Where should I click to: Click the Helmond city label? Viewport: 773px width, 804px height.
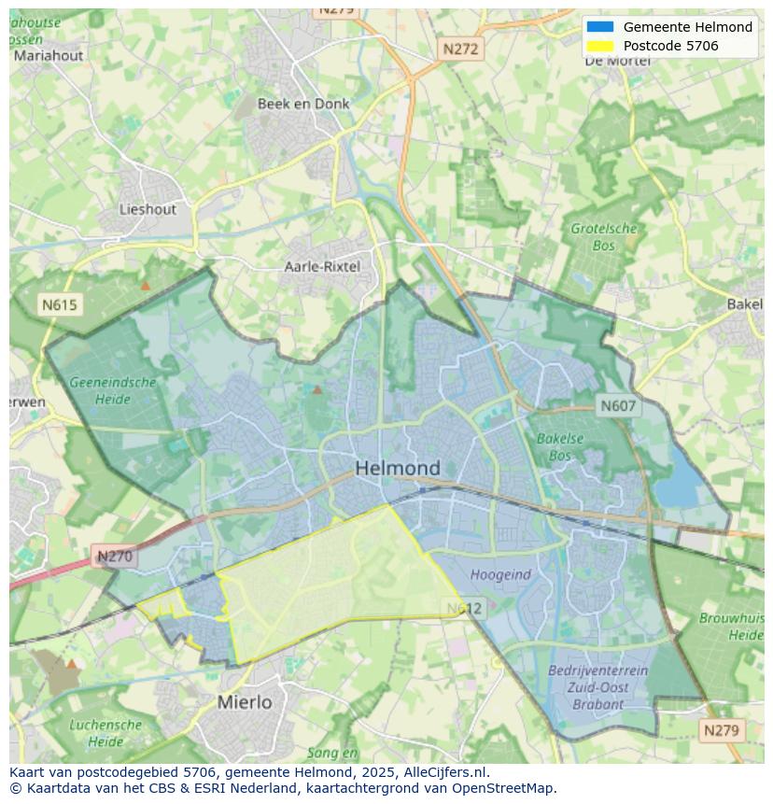[x=398, y=468]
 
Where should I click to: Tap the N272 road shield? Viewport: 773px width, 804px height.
[x=459, y=49]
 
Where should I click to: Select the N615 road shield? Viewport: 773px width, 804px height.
[x=60, y=304]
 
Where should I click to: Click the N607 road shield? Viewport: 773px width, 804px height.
[x=618, y=405]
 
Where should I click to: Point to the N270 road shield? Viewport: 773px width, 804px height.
[x=115, y=557]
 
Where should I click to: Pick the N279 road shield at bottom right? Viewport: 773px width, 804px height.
[x=722, y=730]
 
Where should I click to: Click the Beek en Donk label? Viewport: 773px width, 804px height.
[x=303, y=104]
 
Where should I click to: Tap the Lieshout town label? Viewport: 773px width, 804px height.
[x=148, y=209]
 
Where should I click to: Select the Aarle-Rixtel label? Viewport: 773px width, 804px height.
[x=321, y=267]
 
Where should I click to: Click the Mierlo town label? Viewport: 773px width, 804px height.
[x=245, y=701]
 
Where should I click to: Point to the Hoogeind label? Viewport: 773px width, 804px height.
[x=500, y=574]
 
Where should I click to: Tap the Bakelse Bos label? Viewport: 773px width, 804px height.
[x=560, y=447]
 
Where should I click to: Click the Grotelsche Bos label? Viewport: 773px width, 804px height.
[x=604, y=237]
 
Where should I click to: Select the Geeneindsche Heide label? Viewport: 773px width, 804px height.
[x=112, y=390]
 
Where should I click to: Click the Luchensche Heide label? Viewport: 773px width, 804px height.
[x=105, y=733]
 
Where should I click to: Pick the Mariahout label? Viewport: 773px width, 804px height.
[x=49, y=55]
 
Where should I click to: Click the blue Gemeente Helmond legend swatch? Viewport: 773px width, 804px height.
[x=600, y=27]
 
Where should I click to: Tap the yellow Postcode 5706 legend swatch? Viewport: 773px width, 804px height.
[x=600, y=46]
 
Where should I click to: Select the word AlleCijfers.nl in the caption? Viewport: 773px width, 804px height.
[x=445, y=772]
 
